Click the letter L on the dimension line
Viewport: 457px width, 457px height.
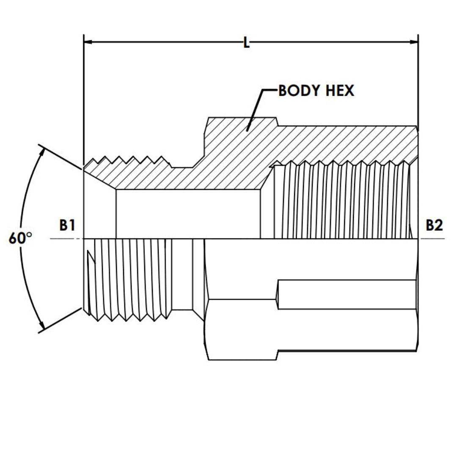point(246,43)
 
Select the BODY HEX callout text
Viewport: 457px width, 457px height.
point(316,91)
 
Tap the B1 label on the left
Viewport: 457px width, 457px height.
point(67,226)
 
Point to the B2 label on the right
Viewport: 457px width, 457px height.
point(434,226)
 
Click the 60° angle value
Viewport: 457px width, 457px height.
point(20,239)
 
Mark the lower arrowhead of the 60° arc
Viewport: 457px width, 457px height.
point(41,328)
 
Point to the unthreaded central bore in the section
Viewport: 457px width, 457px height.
point(188,214)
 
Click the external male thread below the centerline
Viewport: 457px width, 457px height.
point(127,279)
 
